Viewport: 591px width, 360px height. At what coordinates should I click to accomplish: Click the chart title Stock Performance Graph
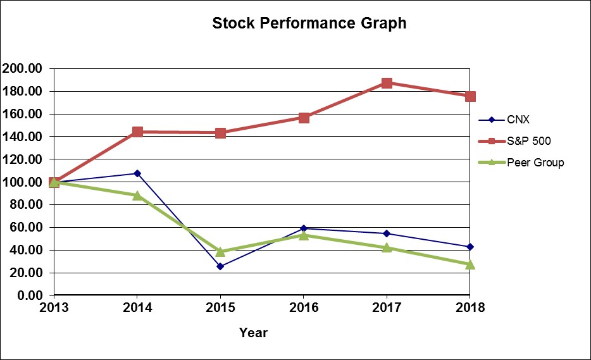click(309, 24)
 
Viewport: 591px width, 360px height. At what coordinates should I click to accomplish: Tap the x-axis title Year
click(253, 332)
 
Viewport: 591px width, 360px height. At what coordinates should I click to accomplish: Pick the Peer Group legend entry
click(535, 163)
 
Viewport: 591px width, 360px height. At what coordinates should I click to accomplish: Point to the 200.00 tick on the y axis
click(22, 68)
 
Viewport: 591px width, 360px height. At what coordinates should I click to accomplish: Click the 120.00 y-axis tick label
click(22, 159)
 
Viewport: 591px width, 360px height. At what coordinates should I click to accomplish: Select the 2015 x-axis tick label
click(220, 308)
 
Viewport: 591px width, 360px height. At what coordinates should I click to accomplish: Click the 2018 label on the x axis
click(470, 308)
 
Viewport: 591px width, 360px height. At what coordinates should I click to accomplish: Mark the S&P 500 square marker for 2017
click(387, 83)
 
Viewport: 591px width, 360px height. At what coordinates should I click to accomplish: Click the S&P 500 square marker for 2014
click(137, 132)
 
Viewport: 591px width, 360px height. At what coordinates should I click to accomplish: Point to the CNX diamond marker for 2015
click(220, 266)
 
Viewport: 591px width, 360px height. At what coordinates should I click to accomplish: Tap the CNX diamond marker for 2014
click(137, 173)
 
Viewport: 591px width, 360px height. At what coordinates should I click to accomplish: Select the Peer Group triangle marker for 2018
click(470, 264)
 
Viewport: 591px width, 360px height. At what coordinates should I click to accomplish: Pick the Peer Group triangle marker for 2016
click(304, 235)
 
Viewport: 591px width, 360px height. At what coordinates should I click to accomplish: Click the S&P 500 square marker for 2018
click(470, 96)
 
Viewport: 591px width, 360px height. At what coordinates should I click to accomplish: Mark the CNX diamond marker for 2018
click(470, 247)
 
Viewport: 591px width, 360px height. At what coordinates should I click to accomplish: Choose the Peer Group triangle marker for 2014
click(137, 195)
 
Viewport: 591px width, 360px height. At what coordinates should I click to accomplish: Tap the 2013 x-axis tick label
click(54, 308)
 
